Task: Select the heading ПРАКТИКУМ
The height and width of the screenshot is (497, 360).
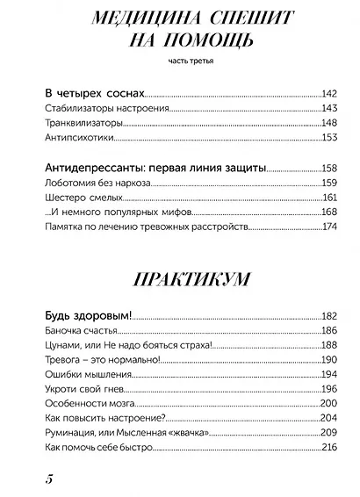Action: point(180,279)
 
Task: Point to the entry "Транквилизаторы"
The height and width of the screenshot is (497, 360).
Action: point(79,123)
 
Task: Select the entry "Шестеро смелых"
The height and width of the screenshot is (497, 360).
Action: point(75,198)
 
